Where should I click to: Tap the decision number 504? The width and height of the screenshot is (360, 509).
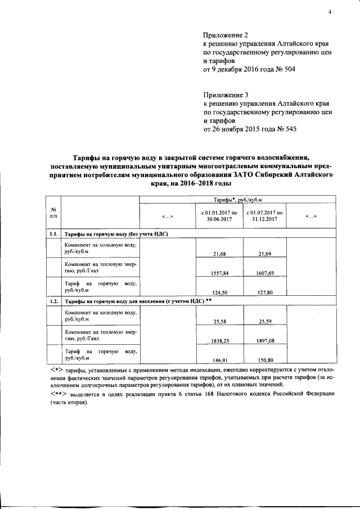point(288,70)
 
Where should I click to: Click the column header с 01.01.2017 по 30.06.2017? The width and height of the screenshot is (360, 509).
point(219,216)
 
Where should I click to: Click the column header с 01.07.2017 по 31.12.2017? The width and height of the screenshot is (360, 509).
point(264,216)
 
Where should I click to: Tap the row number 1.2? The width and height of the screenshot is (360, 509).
point(53,301)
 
